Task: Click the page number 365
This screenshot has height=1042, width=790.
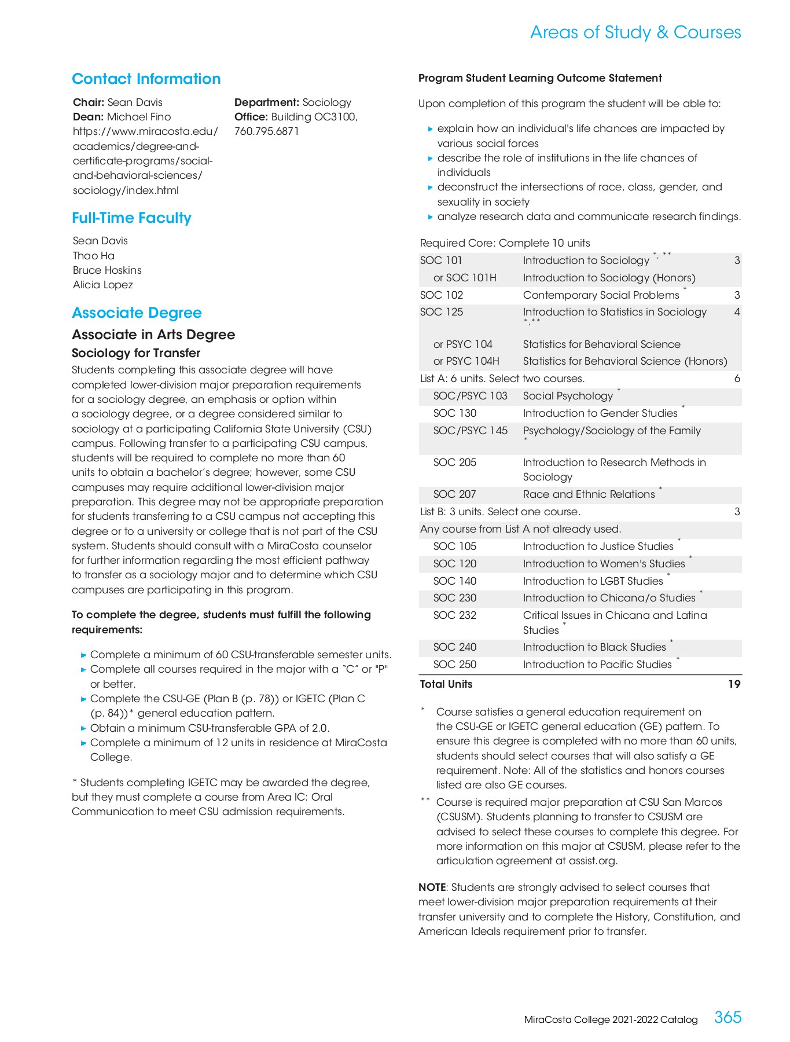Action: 727,1017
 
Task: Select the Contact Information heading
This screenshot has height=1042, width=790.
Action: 146,79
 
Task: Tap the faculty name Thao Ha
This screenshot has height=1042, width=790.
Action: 94,255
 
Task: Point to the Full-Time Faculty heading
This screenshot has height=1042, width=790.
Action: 131,218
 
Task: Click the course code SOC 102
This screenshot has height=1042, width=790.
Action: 442,295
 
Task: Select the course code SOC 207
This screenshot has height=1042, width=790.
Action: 454,494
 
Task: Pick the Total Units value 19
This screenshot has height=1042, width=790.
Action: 734,684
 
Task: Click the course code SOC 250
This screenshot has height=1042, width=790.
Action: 454,664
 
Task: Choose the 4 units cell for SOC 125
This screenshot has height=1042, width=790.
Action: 737,312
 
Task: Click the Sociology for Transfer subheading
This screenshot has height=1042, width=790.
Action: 136,353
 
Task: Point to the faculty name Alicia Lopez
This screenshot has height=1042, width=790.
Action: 103,285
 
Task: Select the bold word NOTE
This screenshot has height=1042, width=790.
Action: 432,887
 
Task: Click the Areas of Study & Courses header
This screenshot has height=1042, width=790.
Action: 635,32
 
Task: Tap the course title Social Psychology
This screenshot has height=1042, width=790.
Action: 568,396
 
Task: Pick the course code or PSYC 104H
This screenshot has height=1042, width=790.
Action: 466,361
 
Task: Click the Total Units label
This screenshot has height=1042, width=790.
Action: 446,684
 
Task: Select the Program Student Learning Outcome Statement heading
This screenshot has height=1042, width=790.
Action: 540,78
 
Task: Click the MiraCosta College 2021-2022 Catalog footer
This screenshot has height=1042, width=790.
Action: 611,1019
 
